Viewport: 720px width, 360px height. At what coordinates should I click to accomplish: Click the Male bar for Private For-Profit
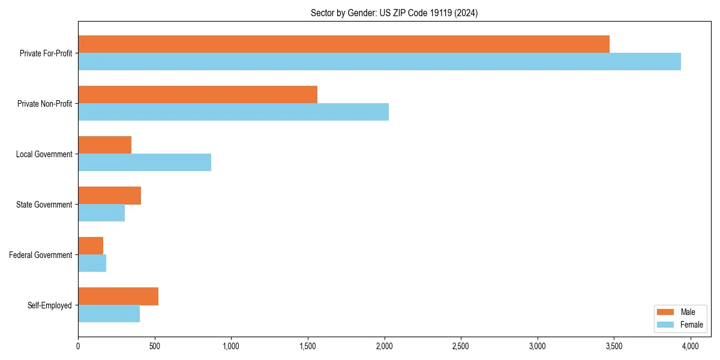click(x=344, y=44)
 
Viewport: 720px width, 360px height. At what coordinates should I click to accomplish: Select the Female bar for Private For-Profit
click(x=379, y=62)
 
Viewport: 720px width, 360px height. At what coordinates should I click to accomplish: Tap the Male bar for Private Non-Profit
click(x=197, y=95)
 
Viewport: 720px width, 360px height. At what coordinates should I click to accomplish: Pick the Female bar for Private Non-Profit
click(x=233, y=112)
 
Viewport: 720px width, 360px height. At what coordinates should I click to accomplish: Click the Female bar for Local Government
click(x=145, y=163)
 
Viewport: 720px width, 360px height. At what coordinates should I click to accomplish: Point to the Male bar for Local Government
click(x=104, y=145)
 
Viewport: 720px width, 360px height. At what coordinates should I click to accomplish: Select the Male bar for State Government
click(x=109, y=196)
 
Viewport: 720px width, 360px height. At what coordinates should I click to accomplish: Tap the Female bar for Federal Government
click(x=92, y=263)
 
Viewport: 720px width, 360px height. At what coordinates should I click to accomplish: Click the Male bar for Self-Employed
click(x=118, y=296)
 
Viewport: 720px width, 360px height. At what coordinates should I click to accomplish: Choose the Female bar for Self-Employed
click(x=109, y=314)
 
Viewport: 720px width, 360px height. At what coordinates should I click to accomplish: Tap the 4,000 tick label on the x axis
click(x=690, y=346)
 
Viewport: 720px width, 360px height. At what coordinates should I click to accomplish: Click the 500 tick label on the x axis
click(x=155, y=346)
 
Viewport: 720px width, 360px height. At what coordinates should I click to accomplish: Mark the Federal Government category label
click(x=41, y=255)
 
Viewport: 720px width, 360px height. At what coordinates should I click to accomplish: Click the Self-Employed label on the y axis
click(x=50, y=305)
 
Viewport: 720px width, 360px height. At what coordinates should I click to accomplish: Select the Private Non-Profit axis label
click(x=44, y=104)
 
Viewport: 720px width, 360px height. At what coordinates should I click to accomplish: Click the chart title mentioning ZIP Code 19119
click(x=394, y=13)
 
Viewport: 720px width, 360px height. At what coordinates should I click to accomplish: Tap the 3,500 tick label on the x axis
click(x=613, y=346)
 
